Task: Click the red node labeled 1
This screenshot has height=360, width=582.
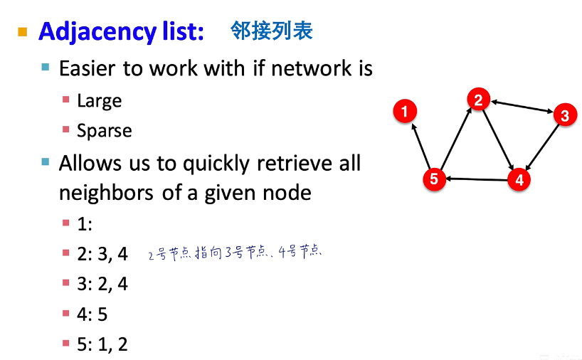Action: pos(404,111)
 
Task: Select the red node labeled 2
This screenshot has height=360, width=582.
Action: pos(479,100)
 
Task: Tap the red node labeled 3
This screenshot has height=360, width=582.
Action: pos(564,115)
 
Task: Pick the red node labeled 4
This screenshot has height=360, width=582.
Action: pos(519,179)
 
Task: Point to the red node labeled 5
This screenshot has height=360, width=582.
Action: pos(434,179)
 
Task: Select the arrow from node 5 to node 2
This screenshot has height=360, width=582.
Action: pos(456,139)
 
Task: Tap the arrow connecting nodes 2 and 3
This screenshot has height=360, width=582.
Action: pos(522,107)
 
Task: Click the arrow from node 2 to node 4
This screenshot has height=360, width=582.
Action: pos(499,139)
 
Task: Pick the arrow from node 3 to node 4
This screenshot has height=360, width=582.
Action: pos(542,147)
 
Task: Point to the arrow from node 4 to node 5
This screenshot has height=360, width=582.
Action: pos(477,179)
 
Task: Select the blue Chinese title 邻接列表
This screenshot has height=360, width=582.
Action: pos(271,30)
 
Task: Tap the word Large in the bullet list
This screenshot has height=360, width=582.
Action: pos(99,100)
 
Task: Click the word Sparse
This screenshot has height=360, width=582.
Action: pos(104,131)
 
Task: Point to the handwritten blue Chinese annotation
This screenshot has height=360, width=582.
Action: pos(235,253)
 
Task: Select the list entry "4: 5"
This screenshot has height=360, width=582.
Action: pos(92,314)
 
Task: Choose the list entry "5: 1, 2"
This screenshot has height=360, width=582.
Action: pos(102,344)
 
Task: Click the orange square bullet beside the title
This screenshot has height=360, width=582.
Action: pos(23,32)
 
